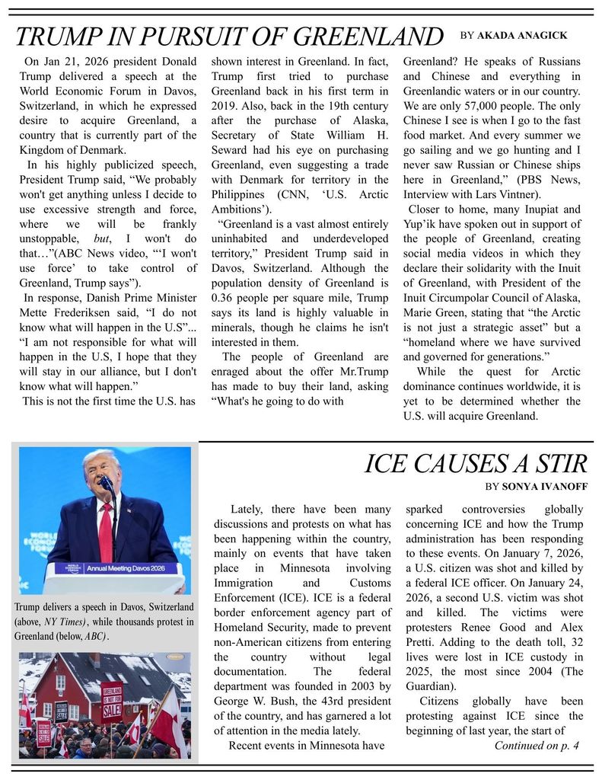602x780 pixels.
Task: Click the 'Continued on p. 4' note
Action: tap(537, 745)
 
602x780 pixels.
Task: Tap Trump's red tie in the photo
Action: tap(106, 526)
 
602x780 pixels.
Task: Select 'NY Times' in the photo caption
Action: tap(65, 622)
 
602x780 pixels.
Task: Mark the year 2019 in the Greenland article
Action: tap(225, 106)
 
